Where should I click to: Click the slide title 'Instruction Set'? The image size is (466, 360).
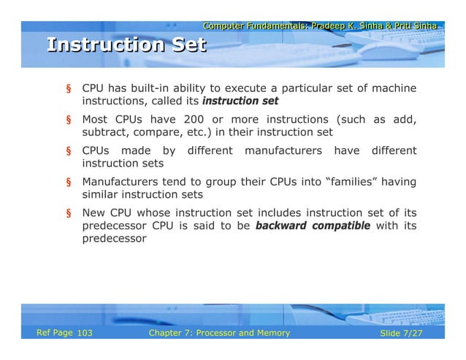pyautogui.click(x=126, y=45)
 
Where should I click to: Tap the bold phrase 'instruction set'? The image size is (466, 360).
pyautogui.click(x=240, y=101)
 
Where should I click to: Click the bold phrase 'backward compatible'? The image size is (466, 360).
pyautogui.click(x=313, y=226)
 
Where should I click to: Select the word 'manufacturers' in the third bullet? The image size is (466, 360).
pyautogui.click(x=283, y=151)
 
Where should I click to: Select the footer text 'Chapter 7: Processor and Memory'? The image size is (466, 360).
pyautogui.click(x=218, y=334)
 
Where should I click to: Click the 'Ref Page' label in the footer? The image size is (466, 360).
pyautogui.click(x=55, y=333)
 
